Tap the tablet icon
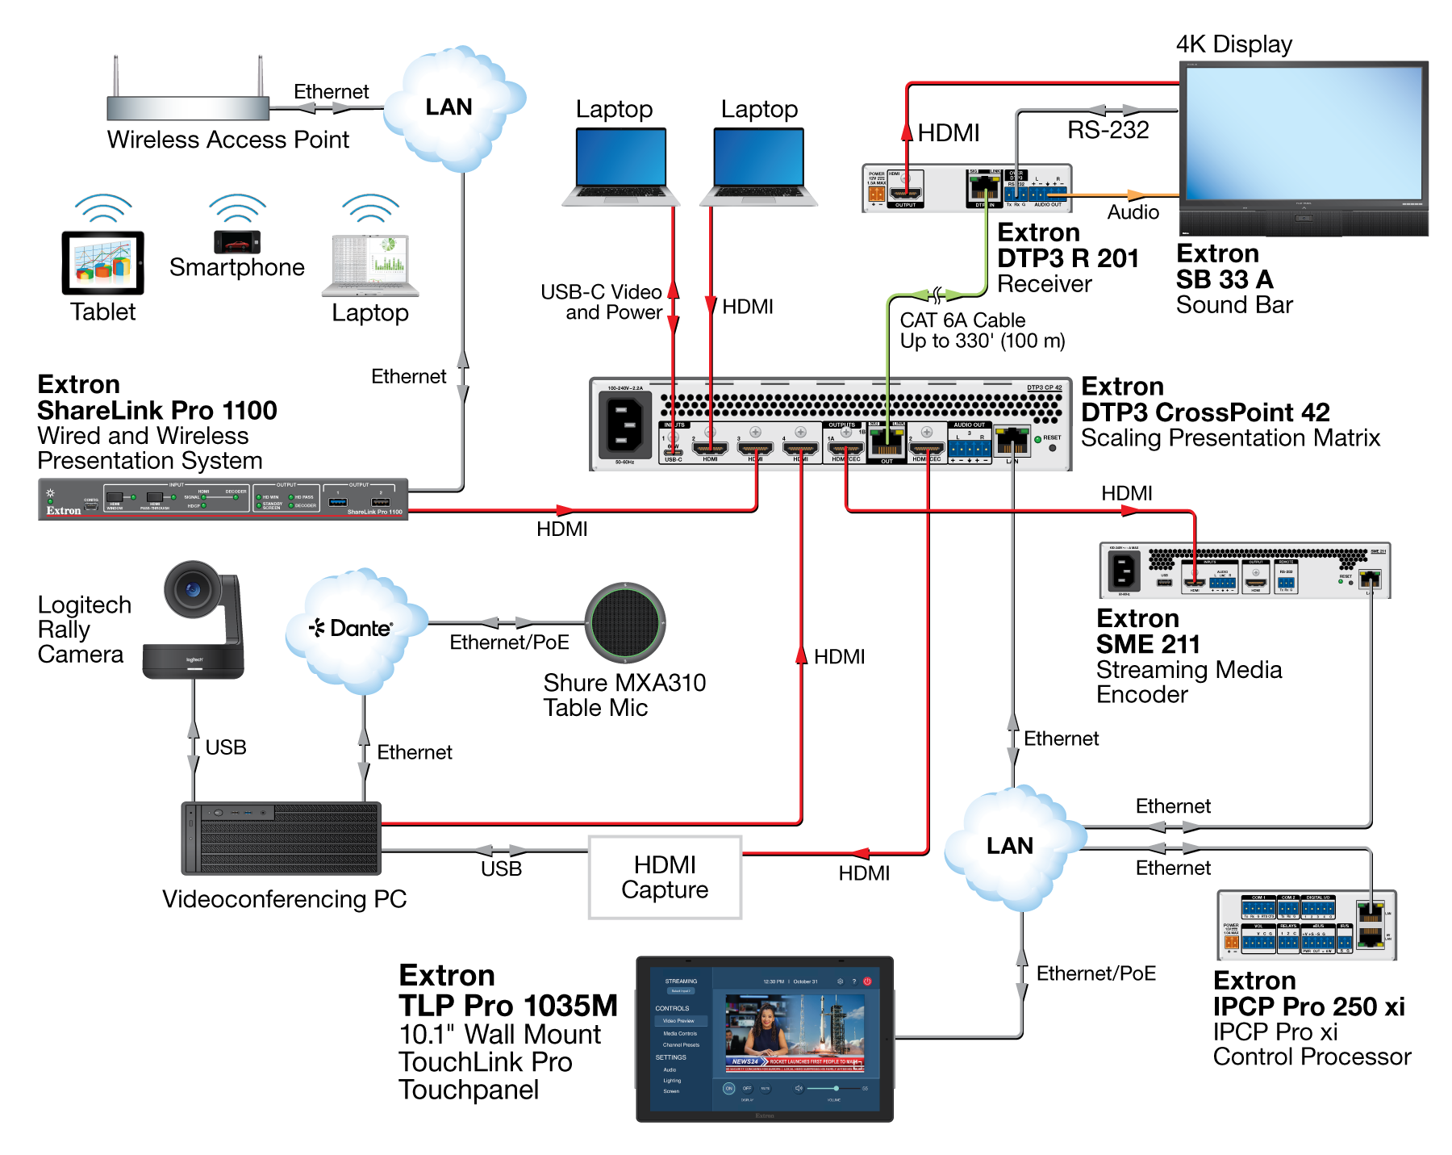tap(102, 263)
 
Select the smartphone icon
tap(237, 241)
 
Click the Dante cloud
tap(353, 630)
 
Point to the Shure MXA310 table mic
tap(625, 622)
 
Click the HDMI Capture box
tap(665, 877)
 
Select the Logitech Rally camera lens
tap(192, 589)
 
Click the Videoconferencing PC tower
tap(281, 839)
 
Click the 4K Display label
tap(1233, 44)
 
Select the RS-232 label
tap(1108, 130)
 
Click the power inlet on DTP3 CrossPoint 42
tap(624, 425)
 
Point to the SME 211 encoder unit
tap(1244, 571)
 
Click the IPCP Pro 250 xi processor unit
tap(1306, 925)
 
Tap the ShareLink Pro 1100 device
tap(223, 499)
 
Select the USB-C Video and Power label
tap(601, 302)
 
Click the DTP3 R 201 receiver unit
tap(966, 188)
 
